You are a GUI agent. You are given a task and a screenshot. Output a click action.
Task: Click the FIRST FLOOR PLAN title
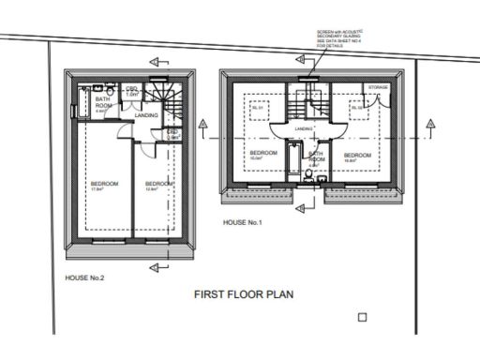click(x=244, y=294)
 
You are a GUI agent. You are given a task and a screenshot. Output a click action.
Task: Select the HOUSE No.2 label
click(x=84, y=278)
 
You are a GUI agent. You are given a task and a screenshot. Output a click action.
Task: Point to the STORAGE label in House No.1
click(x=378, y=87)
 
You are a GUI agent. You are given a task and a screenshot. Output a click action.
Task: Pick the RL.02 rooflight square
click(x=356, y=109)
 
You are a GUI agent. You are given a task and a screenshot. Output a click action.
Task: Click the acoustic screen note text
click(x=337, y=39)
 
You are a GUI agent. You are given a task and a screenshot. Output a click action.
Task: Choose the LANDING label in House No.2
click(x=146, y=114)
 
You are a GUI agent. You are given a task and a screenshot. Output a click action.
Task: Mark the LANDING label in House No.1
click(x=302, y=128)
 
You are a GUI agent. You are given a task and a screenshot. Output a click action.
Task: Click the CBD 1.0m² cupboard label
click(x=132, y=92)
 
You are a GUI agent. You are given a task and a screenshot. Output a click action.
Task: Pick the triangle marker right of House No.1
click(x=428, y=123)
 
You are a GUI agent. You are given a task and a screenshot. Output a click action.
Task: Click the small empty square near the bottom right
click(x=362, y=318)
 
